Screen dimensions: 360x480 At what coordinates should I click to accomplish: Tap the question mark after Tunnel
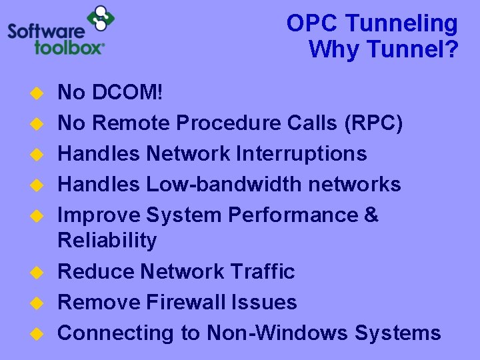(453, 49)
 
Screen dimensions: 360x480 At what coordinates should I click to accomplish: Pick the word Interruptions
(301, 153)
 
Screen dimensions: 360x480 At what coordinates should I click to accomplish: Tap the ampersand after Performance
(371, 215)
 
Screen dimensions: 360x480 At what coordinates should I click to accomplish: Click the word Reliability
(107, 240)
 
